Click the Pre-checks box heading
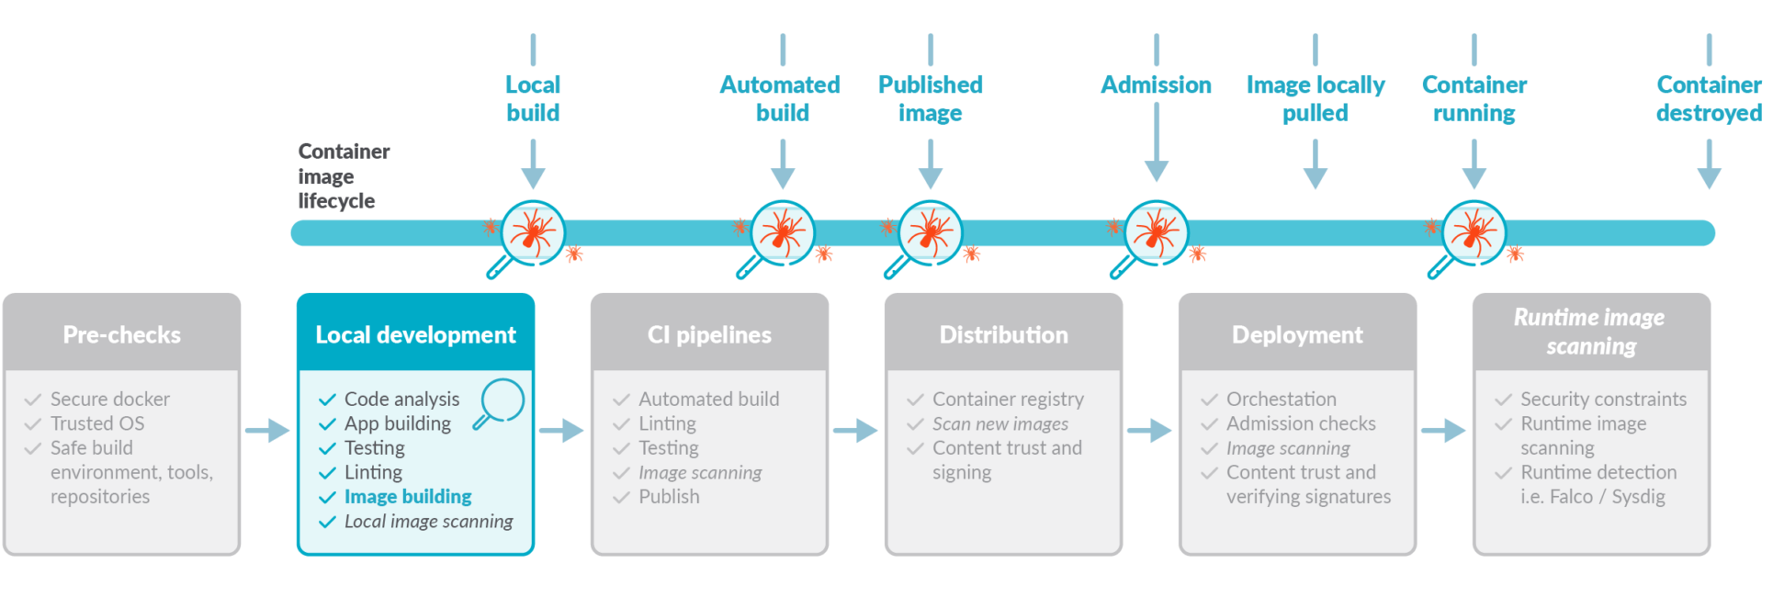coord(121,335)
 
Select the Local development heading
coord(415,335)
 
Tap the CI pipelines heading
coord(709,335)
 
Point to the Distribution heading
coord(1003,335)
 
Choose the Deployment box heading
coord(1297,335)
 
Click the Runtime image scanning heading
coord(1590,332)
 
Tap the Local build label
coord(533,98)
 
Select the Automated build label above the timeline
coord(781,98)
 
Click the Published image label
coord(931,98)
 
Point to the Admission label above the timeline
coord(1156,85)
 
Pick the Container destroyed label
coord(1709,98)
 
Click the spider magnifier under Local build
coord(532,233)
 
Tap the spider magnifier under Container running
coord(1474,233)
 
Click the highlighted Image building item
coord(408,497)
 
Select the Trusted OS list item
coord(97,423)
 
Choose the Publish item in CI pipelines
coord(669,497)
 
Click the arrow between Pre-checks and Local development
coord(267,430)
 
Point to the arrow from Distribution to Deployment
coord(1149,430)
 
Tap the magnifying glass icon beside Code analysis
coord(500,402)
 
